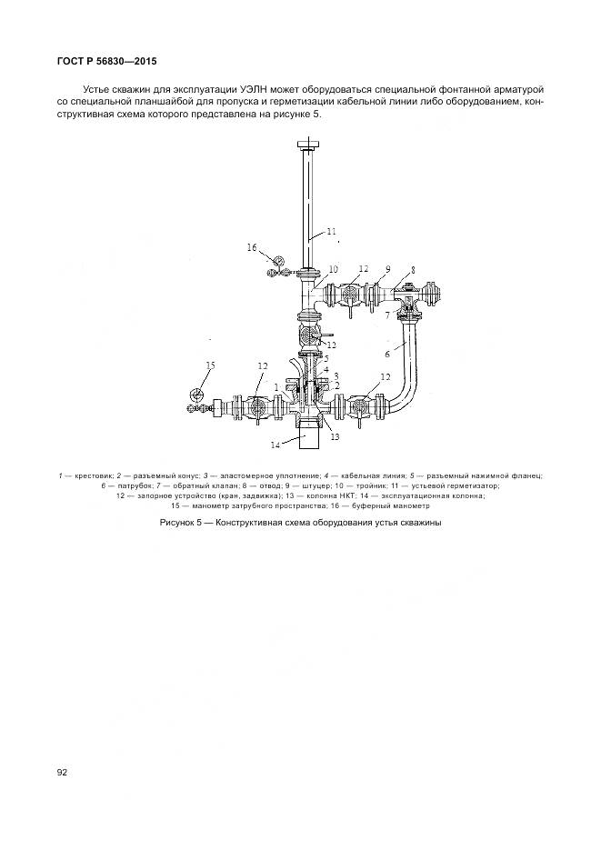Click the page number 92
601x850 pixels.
[x=61, y=772]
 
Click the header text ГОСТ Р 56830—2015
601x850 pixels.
[x=106, y=61]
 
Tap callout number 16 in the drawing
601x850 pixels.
[x=252, y=247]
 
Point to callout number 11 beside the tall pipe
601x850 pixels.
[x=332, y=232]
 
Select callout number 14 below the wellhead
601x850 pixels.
[x=275, y=445]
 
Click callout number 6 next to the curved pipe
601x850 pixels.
[x=387, y=354]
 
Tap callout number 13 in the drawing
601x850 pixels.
[x=335, y=436]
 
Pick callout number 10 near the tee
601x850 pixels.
[x=334, y=269]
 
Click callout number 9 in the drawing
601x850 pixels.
[x=387, y=268]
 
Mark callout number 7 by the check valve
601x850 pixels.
[x=387, y=315]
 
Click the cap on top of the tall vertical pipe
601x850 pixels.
[x=310, y=145]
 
